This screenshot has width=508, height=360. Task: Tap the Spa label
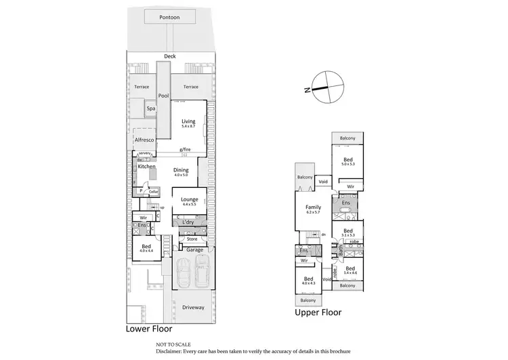pos(151,108)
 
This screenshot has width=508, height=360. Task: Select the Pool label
pos(163,96)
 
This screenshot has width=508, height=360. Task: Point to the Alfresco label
pos(145,140)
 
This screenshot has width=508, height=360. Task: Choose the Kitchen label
pos(147,166)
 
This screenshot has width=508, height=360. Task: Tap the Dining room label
pos(180,170)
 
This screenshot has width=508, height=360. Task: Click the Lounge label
pos(189,199)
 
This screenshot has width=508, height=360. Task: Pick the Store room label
pos(192,239)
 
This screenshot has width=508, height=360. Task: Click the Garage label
pos(195,249)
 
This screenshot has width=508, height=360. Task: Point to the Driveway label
pos(193,307)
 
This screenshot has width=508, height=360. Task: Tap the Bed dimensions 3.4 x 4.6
pos(350,273)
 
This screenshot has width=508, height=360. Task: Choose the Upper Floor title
pos(318,313)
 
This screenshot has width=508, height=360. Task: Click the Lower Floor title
pos(149,329)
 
